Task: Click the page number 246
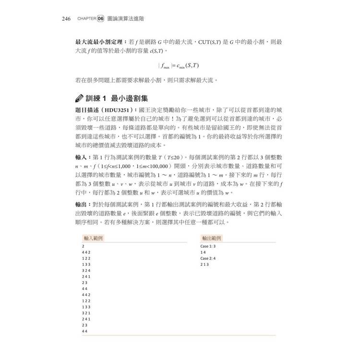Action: pyautogui.click(x=66, y=19)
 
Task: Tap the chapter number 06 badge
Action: pyautogui.click(x=100, y=19)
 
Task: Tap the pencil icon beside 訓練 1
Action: pyautogui.click(x=80, y=99)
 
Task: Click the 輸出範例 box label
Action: pyautogui.click(x=211, y=238)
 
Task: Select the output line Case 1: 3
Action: pyautogui.click(x=208, y=246)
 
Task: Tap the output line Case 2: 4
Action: pyautogui.click(x=208, y=258)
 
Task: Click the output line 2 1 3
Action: pyautogui.click(x=204, y=264)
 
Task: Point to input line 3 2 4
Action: pyautogui.click(x=86, y=271)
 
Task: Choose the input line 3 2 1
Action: pyautogui.click(x=86, y=312)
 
